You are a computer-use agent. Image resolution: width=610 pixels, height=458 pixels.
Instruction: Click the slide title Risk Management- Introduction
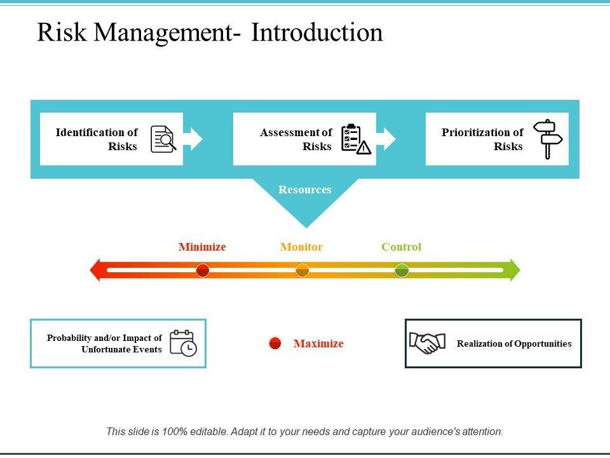210,32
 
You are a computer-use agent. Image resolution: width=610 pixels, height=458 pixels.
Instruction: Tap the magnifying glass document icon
163,139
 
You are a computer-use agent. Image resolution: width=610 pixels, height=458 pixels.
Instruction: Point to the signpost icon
547,139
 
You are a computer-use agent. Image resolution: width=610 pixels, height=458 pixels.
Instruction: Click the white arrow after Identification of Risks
193,139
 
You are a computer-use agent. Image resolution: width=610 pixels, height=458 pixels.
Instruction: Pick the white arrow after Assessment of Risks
386,139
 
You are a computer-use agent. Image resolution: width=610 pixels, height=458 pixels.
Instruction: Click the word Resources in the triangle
305,190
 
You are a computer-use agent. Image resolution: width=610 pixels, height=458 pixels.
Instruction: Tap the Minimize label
202,247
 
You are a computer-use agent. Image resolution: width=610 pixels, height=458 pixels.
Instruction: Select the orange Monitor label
302,247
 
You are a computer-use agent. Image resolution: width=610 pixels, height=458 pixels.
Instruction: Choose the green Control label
401,247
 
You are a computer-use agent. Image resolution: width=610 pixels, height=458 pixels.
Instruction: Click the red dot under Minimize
203,270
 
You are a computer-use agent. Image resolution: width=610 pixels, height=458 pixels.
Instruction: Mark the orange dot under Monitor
302,270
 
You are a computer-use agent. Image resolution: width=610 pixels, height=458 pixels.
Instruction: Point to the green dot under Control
402,270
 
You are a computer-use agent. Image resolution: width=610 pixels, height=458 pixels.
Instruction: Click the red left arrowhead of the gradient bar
97,270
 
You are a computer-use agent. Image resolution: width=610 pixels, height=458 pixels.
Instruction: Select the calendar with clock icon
183,343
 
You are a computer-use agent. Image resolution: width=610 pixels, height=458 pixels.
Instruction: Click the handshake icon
427,343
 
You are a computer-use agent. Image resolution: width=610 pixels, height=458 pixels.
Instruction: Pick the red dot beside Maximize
275,343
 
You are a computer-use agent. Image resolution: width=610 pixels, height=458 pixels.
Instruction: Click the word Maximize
318,343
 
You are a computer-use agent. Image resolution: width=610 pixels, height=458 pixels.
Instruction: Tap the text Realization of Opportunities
514,343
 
